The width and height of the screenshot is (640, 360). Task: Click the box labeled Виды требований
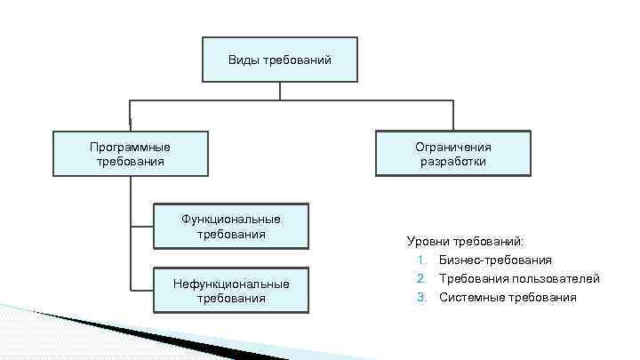pyautogui.click(x=279, y=60)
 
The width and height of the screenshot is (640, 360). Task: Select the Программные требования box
pyautogui.click(x=130, y=154)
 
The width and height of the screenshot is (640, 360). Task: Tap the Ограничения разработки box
pyautogui.click(x=453, y=154)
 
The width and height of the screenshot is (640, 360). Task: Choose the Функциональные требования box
pyautogui.click(x=230, y=227)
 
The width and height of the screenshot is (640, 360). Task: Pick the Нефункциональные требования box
pyautogui.click(x=230, y=291)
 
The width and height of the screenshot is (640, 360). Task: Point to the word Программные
pyautogui.click(x=130, y=147)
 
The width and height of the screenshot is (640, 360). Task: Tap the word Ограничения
pyautogui.click(x=453, y=147)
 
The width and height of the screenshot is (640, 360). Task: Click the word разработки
pyautogui.click(x=453, y=162)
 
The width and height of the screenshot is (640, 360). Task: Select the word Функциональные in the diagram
pyautogui.click(x=231, y=220)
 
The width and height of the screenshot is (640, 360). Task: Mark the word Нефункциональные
pyautogui.click(x=231, y=284)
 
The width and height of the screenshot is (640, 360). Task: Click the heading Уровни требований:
pyautogui.click(x=465, y=241)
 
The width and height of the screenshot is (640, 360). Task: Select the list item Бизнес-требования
pyautogui.click(x=495, y=260)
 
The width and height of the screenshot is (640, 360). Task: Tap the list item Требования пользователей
pyautogui.click(x=519, y=278)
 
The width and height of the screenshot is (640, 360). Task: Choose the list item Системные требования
pyautogui.click(x=508, y=297)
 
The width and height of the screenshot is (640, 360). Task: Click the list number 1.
pyautogui.click(x=420, y=260)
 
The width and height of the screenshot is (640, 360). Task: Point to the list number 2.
pyautogui.click(x=420, y=278)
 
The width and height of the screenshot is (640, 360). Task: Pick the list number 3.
pyautogui.click(x=420, y=297)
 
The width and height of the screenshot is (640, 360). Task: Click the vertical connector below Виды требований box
pyautogui.click(x=279, y=91)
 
